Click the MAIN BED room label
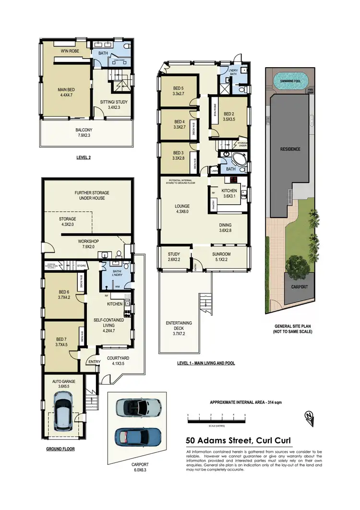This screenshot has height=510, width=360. (x=65, y=89)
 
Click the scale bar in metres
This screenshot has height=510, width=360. (x=216, y=421)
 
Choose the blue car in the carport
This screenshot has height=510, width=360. (x=135, y=438)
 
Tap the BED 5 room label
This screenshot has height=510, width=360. (x=179, y=88)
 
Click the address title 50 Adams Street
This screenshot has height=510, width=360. (x=238, y=441)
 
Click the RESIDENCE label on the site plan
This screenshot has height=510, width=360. (x=290, y=149)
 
